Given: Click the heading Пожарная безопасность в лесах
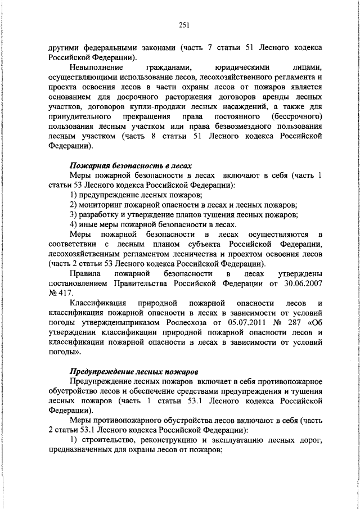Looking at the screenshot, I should (x=130, y=166).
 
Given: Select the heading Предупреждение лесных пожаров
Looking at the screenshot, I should (x=133, y=372).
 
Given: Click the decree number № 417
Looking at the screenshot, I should (x=58, y=293).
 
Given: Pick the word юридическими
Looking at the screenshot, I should (x=233, y=67).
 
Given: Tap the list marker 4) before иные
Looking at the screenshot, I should (x=76, y=224).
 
